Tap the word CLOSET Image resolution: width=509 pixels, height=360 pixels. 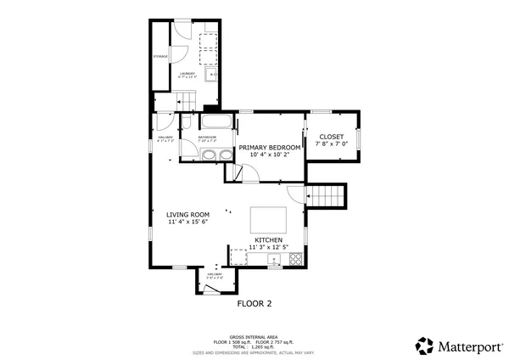tap(331, 137)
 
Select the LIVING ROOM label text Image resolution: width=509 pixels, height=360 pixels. tap(187, 215)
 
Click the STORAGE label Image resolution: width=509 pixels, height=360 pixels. tap(160, 56)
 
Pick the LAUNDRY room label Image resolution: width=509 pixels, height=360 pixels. tap(187, 73)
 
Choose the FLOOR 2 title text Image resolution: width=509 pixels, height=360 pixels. tap(254, 303)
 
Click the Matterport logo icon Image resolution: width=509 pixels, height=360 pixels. tap(424, 346)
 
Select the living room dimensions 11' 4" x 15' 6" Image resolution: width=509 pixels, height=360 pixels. tap(187, 222)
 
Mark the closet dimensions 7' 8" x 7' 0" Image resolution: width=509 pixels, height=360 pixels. tap(331, 144)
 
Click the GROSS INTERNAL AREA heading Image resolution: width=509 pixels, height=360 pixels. tap(254, 337)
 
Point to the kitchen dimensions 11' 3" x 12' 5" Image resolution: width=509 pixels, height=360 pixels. tap(269, 248)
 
